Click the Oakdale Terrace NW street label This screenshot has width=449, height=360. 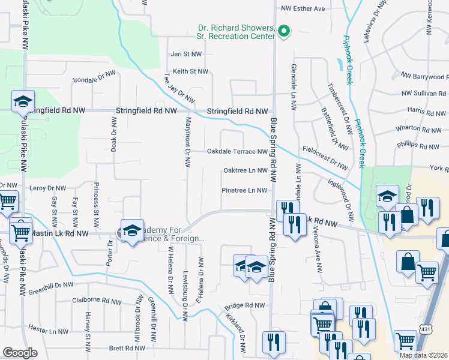pos(237,152)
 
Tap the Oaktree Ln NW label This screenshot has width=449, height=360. pos(245,170)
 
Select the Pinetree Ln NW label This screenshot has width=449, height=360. pos(244,191)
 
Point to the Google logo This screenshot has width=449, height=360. pos(20,353)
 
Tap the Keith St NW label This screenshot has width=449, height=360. pos(190,71)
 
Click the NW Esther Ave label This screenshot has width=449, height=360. pos(303,8)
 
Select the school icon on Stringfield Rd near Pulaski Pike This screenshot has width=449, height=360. pos(23,102)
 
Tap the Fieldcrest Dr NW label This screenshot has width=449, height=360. pos(325,157)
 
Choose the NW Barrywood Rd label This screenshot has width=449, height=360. pos(424,77)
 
